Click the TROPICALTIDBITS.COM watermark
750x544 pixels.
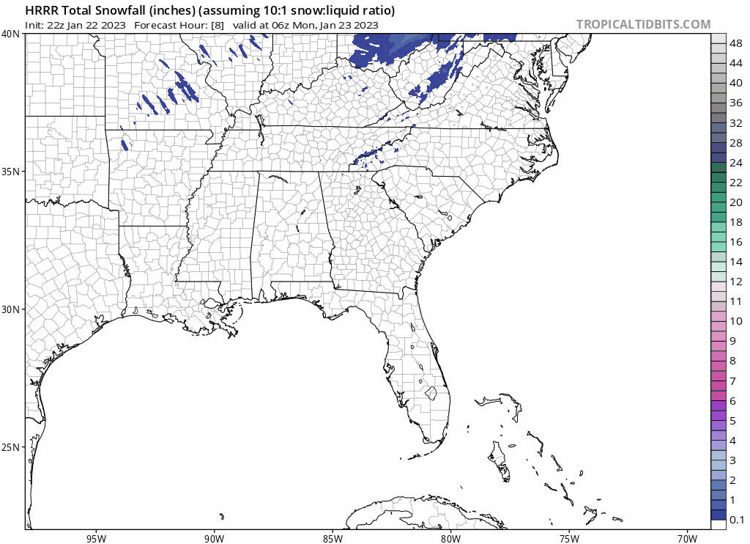pos(643,24)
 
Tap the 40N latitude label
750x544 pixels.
pos(10,34)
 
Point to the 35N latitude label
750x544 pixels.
pos(10,172)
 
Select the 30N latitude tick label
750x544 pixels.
pos(10,309)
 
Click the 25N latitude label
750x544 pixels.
pos(10,447)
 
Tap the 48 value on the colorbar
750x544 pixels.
pos(737,44)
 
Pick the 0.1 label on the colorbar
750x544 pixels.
pos(738,520)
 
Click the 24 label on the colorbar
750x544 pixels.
pos(737,163)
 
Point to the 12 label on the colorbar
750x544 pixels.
pos(737,282)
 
